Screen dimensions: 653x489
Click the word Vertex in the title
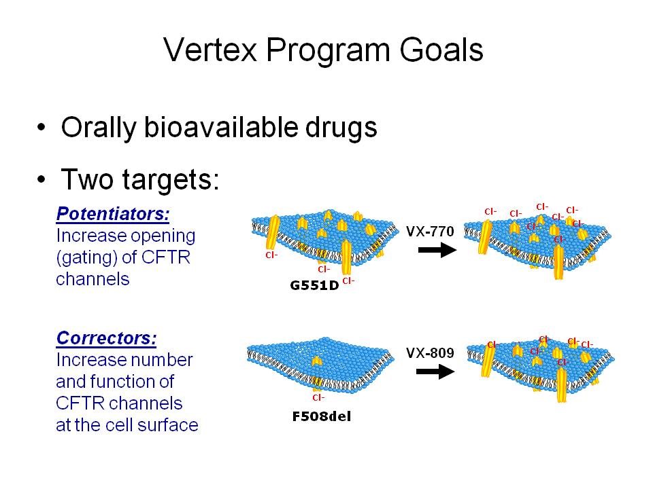210,50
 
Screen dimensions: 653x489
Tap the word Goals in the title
441,50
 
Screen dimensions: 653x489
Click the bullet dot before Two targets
41,179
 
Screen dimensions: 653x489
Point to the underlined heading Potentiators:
113,214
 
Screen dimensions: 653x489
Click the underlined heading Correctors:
106,338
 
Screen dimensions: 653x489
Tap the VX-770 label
430,231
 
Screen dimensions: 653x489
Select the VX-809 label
430,353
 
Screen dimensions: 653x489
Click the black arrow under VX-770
437,250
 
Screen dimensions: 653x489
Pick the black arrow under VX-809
435,372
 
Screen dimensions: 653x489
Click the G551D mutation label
314,286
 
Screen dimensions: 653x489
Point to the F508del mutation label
322,416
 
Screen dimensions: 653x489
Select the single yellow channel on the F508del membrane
317,361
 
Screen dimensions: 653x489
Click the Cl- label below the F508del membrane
318,397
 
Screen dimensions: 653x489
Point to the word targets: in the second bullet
171,179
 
